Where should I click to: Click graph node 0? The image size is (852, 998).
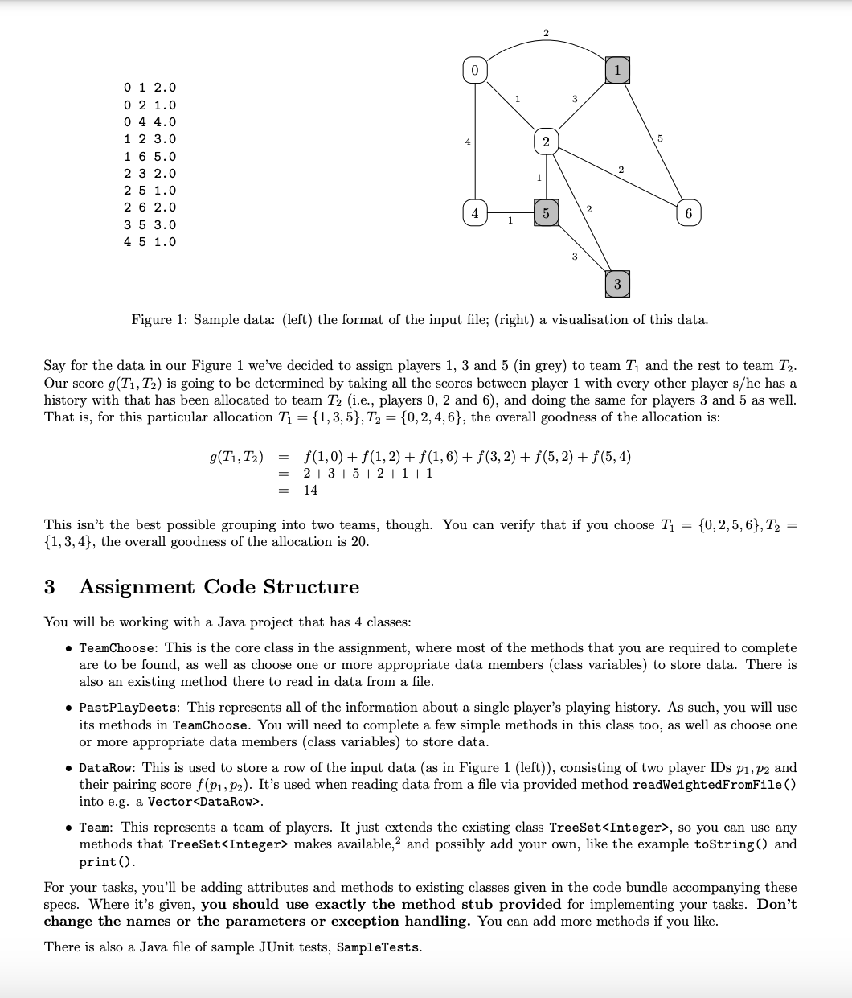474,71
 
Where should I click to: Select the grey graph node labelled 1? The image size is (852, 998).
616,70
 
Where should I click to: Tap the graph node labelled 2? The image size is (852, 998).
545,142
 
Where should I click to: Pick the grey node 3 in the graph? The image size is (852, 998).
616,284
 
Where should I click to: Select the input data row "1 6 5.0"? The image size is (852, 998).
150,156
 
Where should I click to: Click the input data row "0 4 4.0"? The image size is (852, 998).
150,122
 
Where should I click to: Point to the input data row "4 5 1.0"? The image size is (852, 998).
150,242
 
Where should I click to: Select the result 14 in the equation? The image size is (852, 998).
310,490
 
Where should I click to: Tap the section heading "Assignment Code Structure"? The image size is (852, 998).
219,587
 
